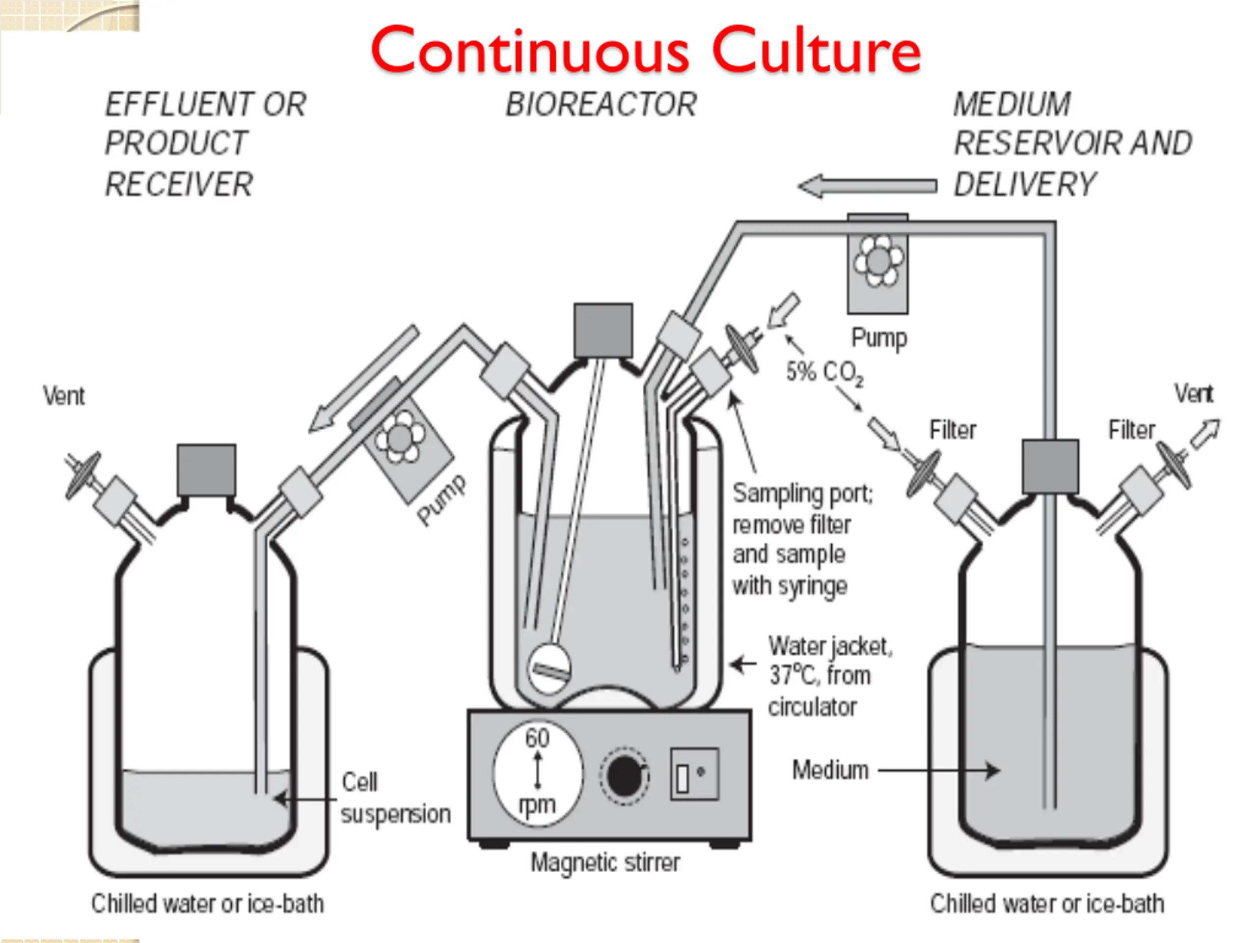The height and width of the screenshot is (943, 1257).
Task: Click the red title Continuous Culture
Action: [646, 50]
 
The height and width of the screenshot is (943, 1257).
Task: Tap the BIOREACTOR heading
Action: [601, 105]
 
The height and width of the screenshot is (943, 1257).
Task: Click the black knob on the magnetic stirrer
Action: [624, 776]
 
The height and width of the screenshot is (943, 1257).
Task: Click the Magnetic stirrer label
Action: [605, 863]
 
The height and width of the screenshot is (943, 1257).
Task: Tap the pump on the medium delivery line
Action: [877, 264]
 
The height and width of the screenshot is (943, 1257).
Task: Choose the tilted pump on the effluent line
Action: [405, 444]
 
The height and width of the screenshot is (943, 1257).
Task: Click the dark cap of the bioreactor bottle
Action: [603, 330]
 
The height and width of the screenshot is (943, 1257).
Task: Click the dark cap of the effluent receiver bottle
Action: [206, 470]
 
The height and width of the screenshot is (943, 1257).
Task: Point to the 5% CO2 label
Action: [824, 373]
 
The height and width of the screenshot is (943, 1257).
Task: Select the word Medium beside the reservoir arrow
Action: [830, 770]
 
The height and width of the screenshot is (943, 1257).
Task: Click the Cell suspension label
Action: [395, 798]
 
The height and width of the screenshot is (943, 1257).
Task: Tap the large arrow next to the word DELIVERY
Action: [867, 186]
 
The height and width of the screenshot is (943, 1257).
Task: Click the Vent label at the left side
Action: [64, 396]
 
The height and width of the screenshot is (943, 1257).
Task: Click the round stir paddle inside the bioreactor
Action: [549, 668]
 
